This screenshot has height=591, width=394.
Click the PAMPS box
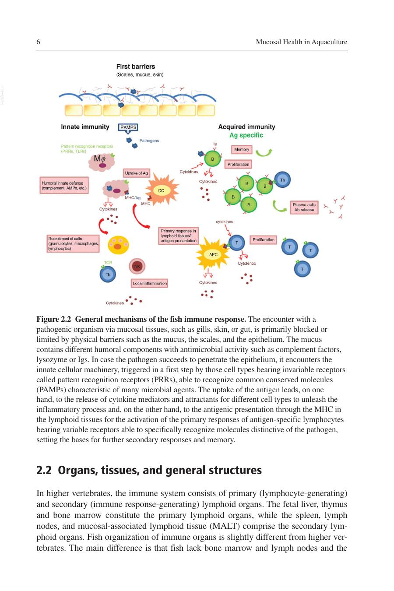point(128,127)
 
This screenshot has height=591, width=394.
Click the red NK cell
point(137,267)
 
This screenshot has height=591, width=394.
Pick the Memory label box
point(242,150)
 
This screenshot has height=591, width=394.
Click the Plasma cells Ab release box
point(304,208)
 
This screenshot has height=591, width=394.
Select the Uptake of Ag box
point(137,173)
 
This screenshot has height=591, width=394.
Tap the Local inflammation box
point(150,283)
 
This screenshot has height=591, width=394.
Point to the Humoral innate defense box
point(64,185)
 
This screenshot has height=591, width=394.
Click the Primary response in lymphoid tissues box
point(179,236)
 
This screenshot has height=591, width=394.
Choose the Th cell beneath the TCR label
point(108,274)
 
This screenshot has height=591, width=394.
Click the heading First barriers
point(136,67)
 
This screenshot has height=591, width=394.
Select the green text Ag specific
point(246,135)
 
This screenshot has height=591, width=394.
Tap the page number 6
point(38,42)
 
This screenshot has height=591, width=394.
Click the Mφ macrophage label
point(100,158)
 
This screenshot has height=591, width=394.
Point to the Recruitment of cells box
point(73,243)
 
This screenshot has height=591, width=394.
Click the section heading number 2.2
point(44,470)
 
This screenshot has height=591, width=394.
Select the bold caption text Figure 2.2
point(54,319)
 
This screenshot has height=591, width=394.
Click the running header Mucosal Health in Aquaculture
point(301,42)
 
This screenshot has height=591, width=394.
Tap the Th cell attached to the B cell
point(282,180)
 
